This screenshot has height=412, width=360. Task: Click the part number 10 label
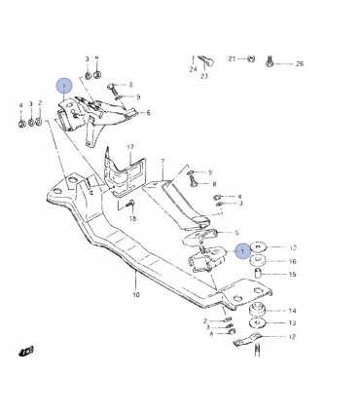click(x=136, y=294)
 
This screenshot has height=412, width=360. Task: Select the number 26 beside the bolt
click(x=300, y=63)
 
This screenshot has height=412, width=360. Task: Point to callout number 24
click(x=193, y=70)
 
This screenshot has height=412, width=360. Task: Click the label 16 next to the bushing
click(x=292, y=262)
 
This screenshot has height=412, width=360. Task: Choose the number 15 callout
click(x=292, y=276)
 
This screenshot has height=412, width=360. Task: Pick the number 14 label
click(x=292, y=311)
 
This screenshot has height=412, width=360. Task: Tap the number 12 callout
click(x=292, y=338)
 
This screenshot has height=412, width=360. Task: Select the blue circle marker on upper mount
click(x=64, y=86)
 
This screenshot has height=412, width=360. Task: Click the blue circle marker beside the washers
click(x=242, y=250)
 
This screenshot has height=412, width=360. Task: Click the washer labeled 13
click(x=259, y=323)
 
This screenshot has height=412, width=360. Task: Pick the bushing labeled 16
click(x=260, y=261)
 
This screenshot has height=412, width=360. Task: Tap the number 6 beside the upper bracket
click(x=149, y=113)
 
